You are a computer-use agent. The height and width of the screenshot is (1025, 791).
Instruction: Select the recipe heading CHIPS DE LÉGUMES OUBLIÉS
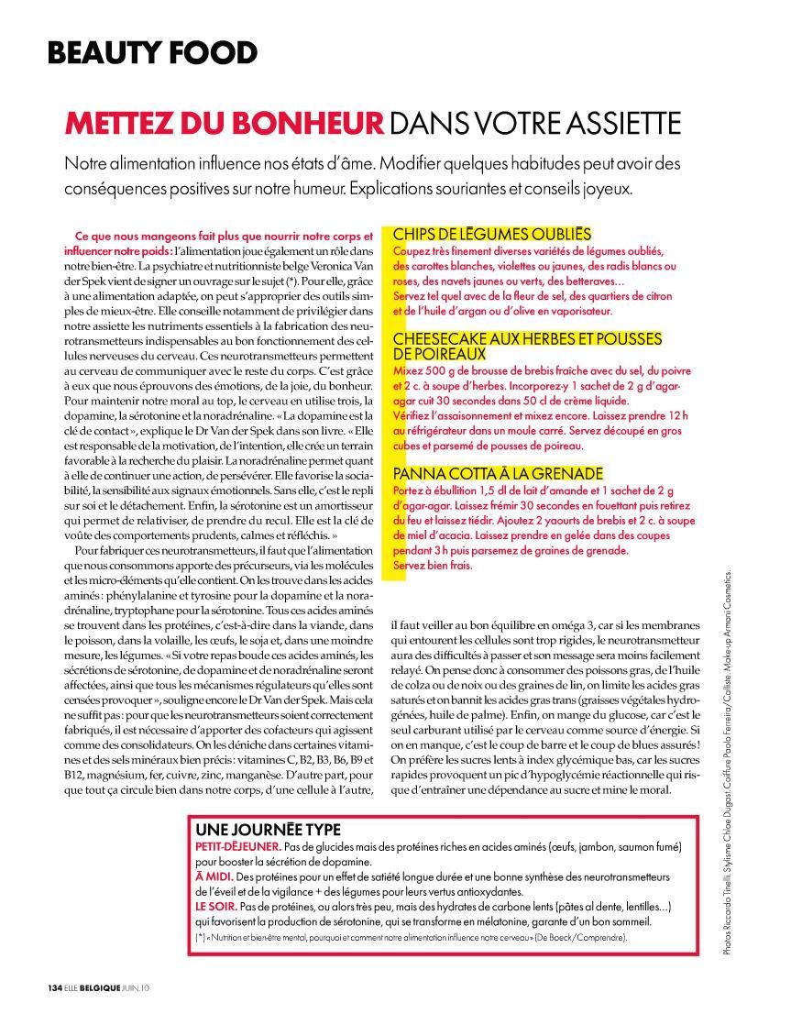[x=491, y=234]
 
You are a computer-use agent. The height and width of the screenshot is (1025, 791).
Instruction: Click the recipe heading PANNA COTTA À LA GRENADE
[x=499, y=473]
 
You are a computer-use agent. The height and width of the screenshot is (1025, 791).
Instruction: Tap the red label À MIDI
[x=213, y=876]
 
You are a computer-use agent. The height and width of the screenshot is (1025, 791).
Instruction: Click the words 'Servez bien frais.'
[x=431, y=565]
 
